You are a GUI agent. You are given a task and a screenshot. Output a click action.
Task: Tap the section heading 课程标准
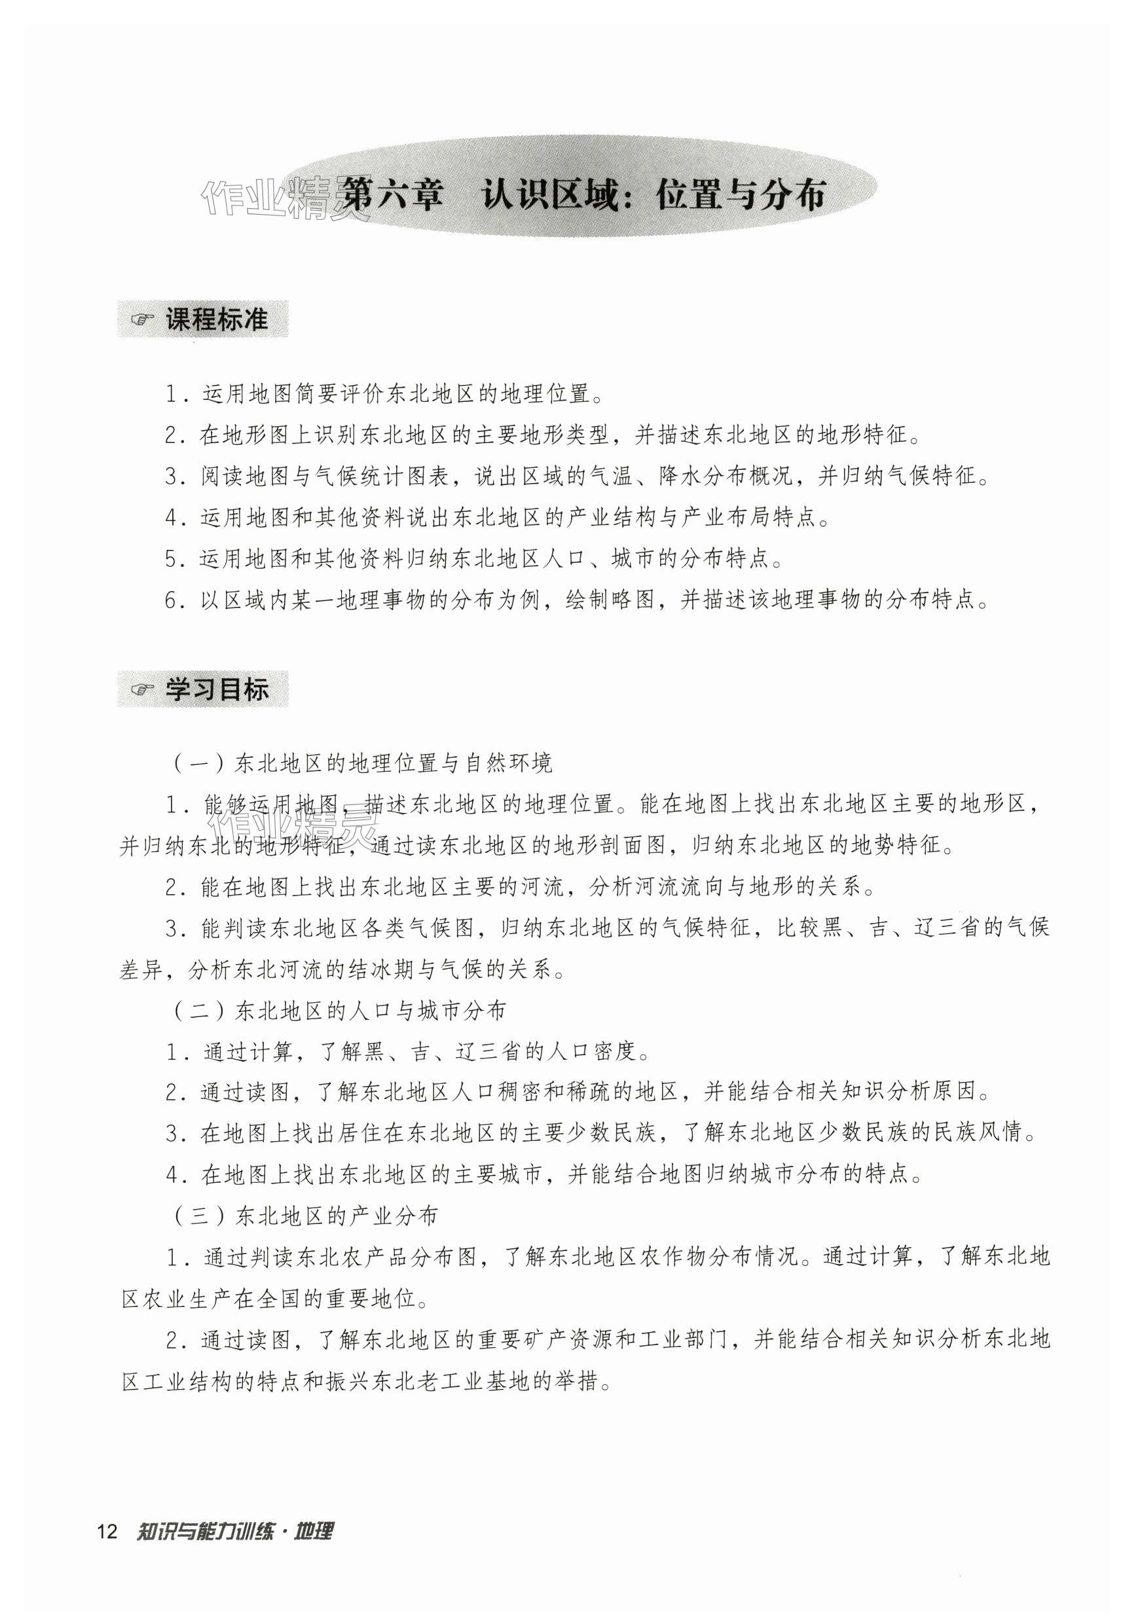coord(217,320)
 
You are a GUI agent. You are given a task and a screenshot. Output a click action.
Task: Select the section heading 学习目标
coord(217,690)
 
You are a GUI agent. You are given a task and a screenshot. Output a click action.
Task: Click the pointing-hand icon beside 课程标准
coord(142,321)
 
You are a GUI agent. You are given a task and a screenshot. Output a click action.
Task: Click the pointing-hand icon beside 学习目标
coord(142,691)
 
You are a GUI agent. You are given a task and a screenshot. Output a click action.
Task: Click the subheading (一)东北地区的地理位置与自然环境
coord(361,764)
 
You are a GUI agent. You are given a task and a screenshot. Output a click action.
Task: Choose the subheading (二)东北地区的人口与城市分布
coord(339,1011)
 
